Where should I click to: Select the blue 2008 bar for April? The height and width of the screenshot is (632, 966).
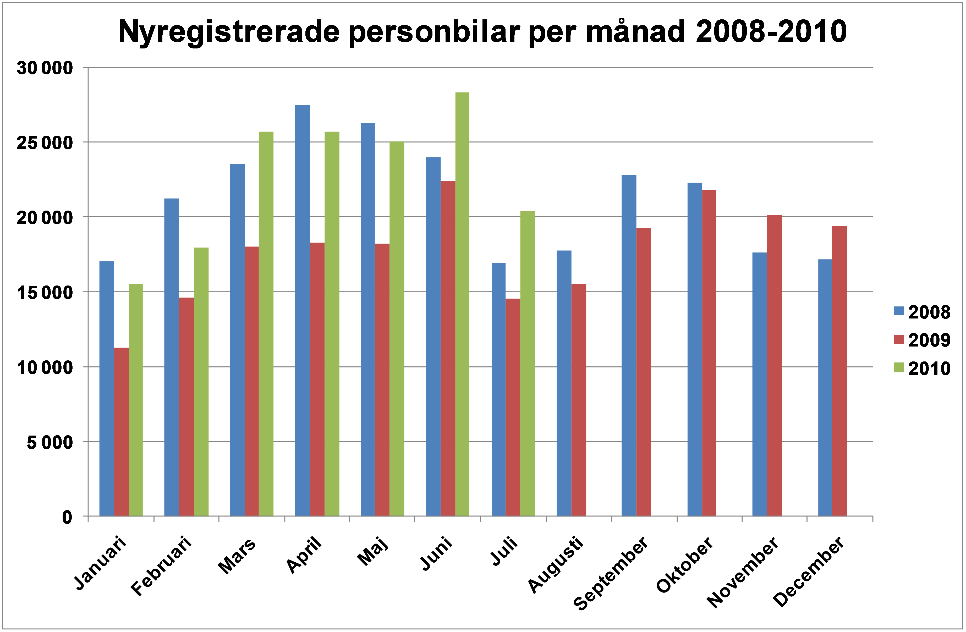tap(302, 311)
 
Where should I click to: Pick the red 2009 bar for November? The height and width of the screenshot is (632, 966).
tap(775, 365)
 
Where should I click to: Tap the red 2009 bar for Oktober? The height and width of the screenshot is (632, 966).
tap(709, 353)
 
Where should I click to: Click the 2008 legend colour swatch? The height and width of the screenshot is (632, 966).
tap(899, 311)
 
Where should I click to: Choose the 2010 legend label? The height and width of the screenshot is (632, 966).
tap(929, 369)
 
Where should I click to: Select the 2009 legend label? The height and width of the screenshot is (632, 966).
tap(929, 340)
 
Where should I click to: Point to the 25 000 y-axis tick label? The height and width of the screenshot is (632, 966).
tap(45, 143)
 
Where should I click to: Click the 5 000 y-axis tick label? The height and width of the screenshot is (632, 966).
tap(50, 442)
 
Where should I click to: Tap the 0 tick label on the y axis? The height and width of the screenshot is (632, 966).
tap(67, 517)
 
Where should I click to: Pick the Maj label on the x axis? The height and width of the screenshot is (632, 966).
tap(373, 551)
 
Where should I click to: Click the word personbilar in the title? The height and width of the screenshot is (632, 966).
tap(434, 32)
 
